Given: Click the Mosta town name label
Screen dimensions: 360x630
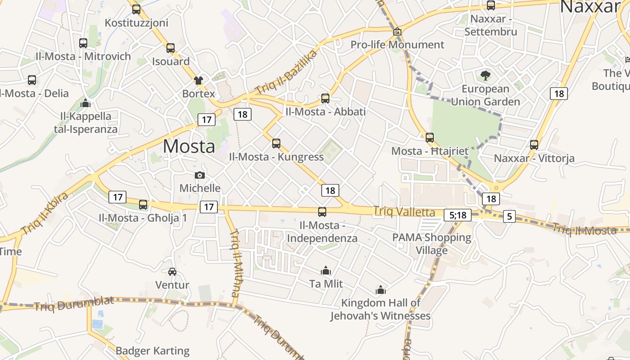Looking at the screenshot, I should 189,147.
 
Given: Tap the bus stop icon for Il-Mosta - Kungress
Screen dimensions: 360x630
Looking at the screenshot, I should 276,144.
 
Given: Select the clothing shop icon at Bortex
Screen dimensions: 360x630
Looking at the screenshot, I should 198,81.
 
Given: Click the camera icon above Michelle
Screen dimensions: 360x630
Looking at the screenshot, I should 200,175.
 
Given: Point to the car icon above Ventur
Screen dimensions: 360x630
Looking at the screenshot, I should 172,271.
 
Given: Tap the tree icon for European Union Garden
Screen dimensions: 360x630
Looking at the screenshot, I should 486,75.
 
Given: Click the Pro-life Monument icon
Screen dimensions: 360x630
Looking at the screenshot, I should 397,31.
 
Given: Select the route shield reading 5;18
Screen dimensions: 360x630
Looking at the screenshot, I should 458,215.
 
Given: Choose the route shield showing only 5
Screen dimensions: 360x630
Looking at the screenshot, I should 509,216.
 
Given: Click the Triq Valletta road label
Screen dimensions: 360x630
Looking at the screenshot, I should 404,212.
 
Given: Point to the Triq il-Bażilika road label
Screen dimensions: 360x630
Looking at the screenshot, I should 286,72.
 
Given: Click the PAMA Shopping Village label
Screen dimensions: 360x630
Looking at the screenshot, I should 432,243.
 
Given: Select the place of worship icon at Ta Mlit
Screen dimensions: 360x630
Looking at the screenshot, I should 326,270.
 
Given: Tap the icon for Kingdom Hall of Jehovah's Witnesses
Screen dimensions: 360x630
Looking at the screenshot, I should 381,290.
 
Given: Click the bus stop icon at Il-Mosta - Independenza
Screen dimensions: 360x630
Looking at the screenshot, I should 322,211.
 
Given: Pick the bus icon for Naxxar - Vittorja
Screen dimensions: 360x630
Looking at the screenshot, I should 534,145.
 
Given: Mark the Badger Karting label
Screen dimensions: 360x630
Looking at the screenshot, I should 153,351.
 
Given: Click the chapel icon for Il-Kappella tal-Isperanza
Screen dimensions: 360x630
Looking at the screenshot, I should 85,103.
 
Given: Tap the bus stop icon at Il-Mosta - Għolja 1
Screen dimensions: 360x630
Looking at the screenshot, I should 143,205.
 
